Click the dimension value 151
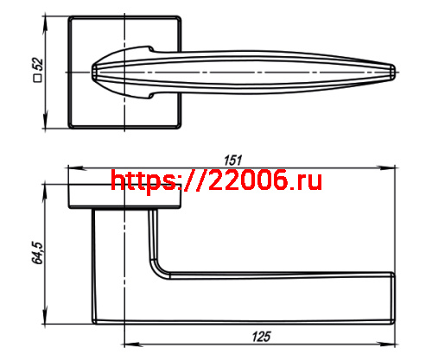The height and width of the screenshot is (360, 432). pos(232,158)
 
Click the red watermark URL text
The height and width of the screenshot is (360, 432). pos(217,180)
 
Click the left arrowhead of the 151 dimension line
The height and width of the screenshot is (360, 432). pos(72,167)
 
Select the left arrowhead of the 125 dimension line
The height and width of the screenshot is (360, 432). pos(129,338)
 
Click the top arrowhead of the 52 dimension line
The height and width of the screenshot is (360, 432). pos(48,17)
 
